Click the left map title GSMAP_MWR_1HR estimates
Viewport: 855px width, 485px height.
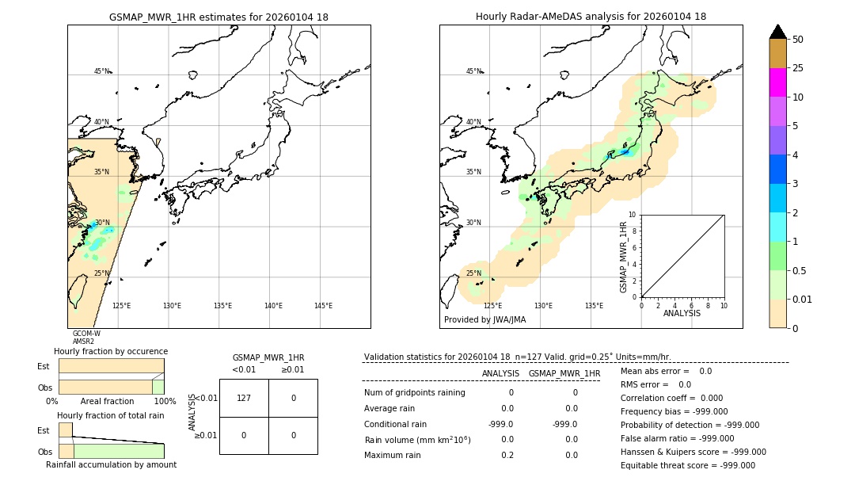click(x=218, y=17)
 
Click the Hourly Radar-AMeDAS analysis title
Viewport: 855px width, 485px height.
click(x=591, y=17)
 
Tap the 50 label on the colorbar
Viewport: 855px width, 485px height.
click(x=798, y=40)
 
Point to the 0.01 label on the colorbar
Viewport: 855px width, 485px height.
click(x=803, y=299)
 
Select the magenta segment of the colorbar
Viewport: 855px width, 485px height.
click(x=777, y=82)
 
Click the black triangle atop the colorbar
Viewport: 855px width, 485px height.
click(x=777, y=32)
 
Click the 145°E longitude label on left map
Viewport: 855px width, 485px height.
click(x=323, y=306)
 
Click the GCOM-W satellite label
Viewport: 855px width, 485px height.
click(x=86, y=334)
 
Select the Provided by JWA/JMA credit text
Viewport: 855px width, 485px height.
click(x=484, y=320)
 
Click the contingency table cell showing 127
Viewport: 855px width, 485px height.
click(x=244, y=398)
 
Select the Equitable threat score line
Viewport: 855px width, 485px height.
click(x=688, y=465)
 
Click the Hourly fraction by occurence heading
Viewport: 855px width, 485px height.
click(x=111, y=351)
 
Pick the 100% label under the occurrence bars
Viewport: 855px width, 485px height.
click(x=164, y=402)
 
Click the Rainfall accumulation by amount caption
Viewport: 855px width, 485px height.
click(x=111, y=465)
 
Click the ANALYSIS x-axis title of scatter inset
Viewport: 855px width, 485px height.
click(x=682, y=313)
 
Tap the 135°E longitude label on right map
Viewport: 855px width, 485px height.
click(x=594, y=306)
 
